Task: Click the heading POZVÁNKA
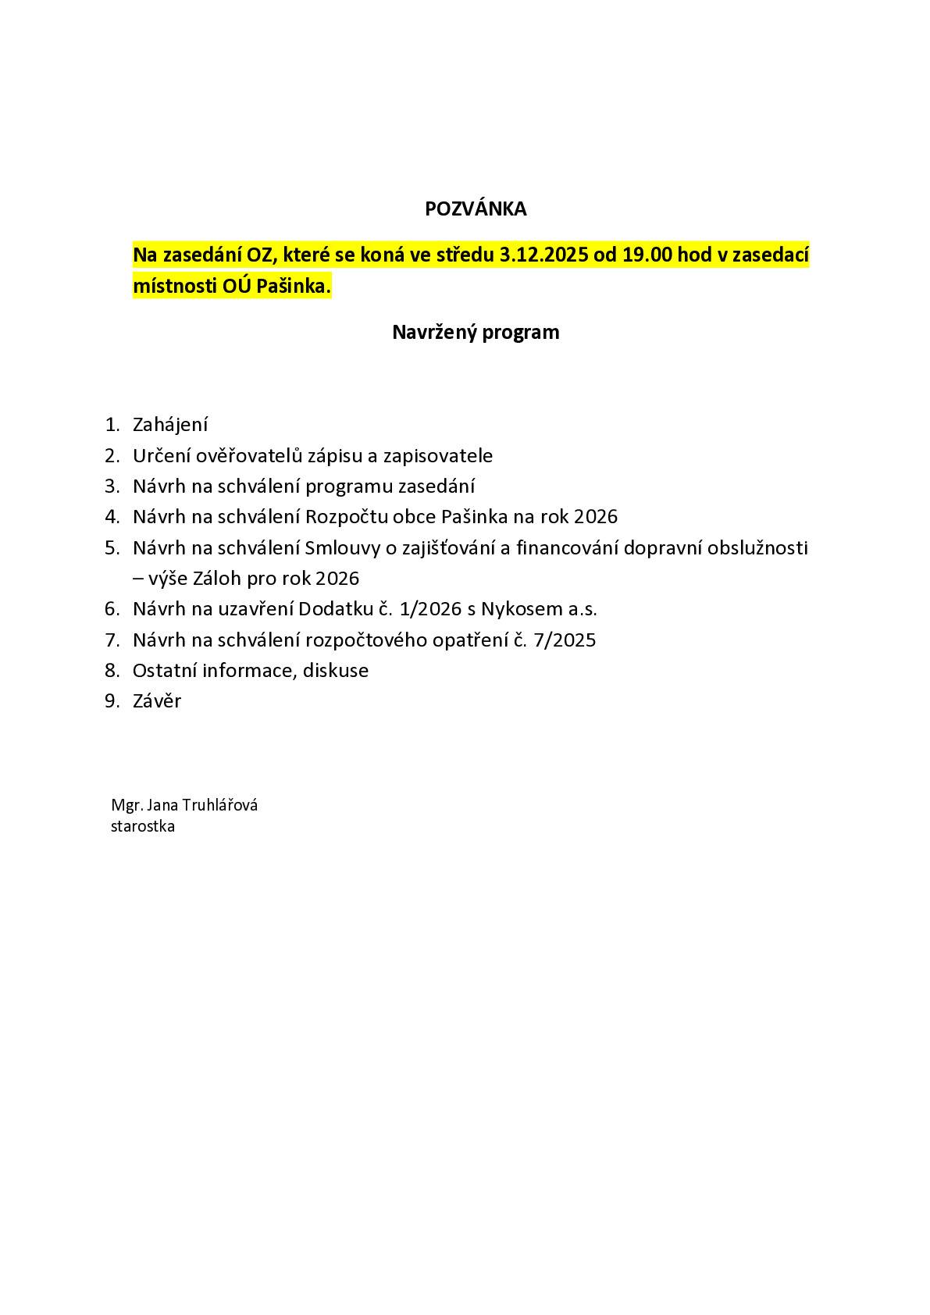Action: [x=476, y=209]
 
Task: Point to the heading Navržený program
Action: [x=476, y=333]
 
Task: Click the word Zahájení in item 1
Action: [x=170, y=425]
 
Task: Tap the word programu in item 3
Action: [x=349, y=486]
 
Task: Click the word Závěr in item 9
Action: [x=157, y=701]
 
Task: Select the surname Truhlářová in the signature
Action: [x=221, y=805]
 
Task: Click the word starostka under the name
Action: [x=143, y=826]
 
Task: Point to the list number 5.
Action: [x=112, y=547]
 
